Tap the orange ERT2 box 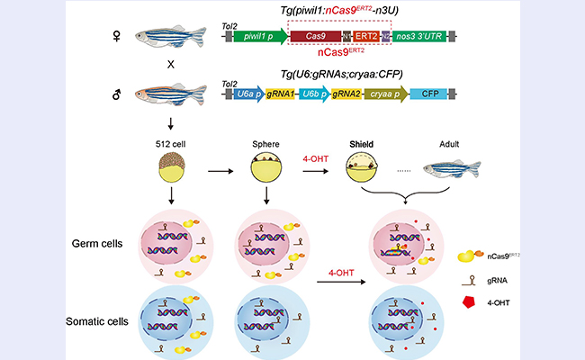(x=366, y=36)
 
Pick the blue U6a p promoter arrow (x=255, y=93)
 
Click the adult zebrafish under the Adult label (x=452, y=169)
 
